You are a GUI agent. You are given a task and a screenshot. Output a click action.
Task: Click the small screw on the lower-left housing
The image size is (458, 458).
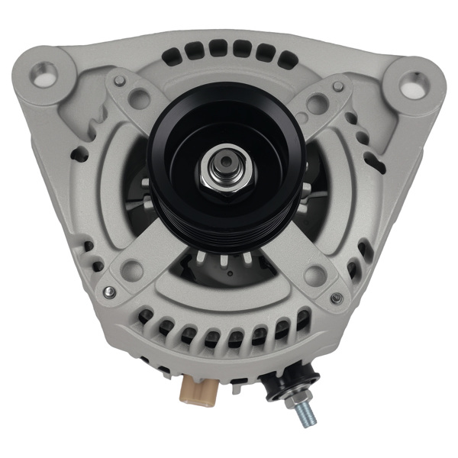tap(111, 292)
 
